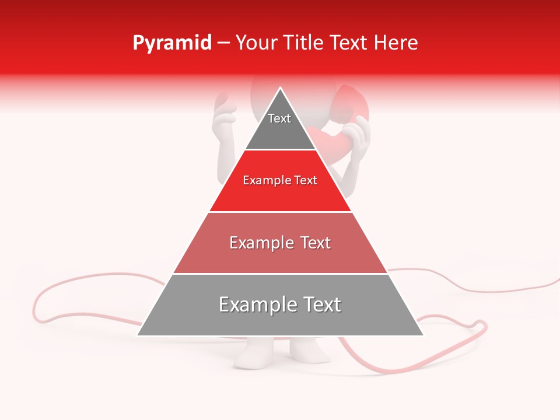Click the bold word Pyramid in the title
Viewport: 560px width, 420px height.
click(172, 43)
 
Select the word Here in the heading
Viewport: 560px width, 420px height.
click(396, 43)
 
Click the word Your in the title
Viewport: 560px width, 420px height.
click(256, 43)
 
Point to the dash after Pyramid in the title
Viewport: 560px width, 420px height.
click(223, 43)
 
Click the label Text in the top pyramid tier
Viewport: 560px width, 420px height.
click(279, 118)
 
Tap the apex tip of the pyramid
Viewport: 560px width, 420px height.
click(281, 88)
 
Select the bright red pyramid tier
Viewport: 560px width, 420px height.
click(280, 192)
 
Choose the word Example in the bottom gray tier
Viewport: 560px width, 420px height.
click(257, 304)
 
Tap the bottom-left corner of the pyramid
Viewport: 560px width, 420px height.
click(138, 335)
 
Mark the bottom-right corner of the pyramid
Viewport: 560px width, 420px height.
click(423, 335)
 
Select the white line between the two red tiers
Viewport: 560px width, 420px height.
click(280, 212)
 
